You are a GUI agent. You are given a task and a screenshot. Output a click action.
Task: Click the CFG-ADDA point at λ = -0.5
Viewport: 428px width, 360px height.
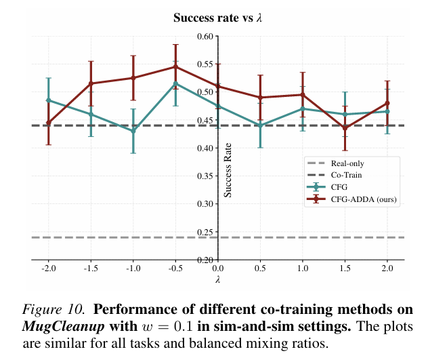[x=175, y=67]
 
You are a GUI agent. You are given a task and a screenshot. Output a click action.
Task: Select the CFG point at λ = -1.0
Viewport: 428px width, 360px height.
[x=133, y=131]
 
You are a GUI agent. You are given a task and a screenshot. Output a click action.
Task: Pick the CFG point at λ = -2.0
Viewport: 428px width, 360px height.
[x=49, y=100]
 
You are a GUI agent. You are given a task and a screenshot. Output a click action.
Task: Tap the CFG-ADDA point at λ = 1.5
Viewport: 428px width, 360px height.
[x=345, y=128]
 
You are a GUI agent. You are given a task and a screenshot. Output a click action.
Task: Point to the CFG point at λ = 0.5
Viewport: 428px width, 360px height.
[x=260, y=125]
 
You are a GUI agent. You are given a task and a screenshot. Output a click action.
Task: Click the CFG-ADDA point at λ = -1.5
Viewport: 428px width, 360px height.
[x=91, y=83]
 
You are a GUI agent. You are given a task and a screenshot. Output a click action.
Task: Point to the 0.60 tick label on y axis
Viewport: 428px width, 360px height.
[x=205, y=36]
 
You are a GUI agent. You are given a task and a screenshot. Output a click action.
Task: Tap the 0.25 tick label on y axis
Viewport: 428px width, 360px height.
[x=205, y=232]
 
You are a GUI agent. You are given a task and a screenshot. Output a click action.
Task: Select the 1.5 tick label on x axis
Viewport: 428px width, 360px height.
[x=345, y=268]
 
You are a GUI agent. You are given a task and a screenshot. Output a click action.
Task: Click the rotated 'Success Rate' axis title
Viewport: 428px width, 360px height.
[x=228, y=174]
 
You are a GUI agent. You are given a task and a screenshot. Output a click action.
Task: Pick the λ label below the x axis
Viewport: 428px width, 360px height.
[x=217, y=278]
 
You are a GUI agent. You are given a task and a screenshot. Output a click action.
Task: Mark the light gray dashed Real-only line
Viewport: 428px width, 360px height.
[x=102, y=237]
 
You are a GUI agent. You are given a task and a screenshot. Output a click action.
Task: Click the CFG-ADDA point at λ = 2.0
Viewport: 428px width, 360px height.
[x=387, y=103]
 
